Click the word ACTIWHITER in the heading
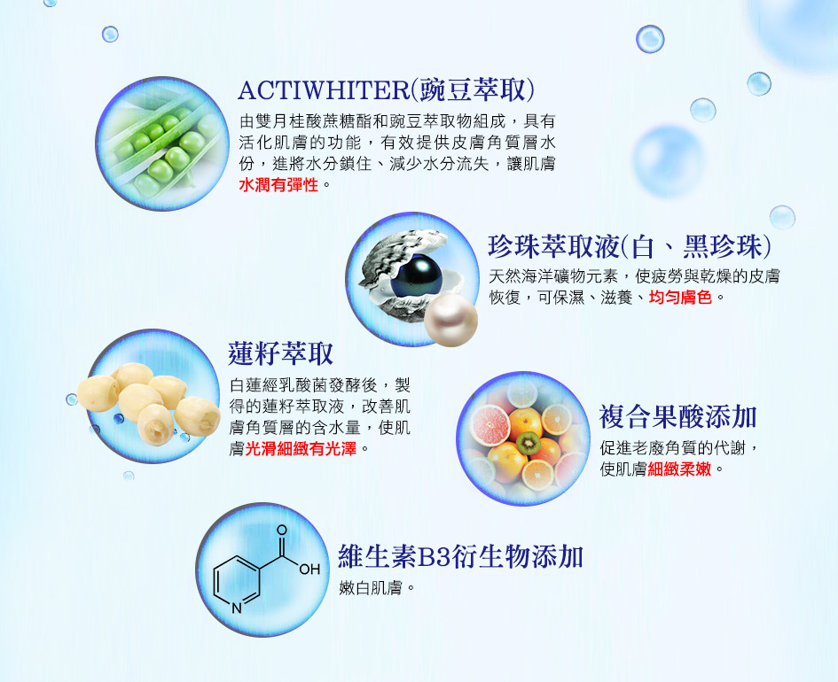click(325, 90)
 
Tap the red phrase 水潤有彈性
click(278, 185)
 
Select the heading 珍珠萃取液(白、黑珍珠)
click(630, 246)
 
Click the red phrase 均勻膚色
click(680, 298)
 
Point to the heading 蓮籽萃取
click(280, 353)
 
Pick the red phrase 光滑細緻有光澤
click(301, 449)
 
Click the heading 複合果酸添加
click(677, 417)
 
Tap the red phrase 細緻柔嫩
click(679, 469)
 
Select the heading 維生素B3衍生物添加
click(460, 556)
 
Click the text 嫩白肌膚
click(371, 588)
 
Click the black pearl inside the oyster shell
click(416, 276)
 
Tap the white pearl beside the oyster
click(450, 321)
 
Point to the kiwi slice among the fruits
click(528, 444)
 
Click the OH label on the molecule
click(309, 570)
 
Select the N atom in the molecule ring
click(237, 608)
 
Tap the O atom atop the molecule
click(282, 531)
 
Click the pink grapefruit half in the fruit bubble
click(489, 425)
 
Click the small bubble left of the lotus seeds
click(72, 399)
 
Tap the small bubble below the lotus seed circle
click(129, 475)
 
